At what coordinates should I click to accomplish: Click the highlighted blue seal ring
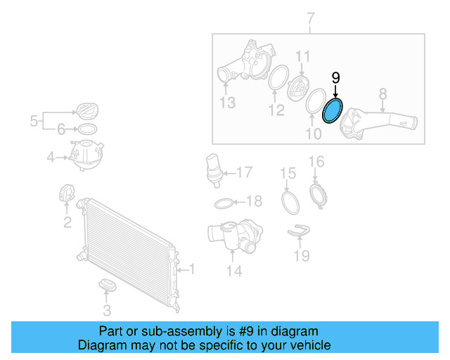click(x=331, y=112)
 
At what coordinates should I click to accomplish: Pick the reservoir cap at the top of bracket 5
click(x=86, y=111)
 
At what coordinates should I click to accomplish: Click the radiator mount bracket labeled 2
click(x=67, y=194)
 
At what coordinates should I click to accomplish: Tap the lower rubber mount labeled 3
click(x=107, y=285)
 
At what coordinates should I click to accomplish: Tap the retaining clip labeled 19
click(x=300, y=229)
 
